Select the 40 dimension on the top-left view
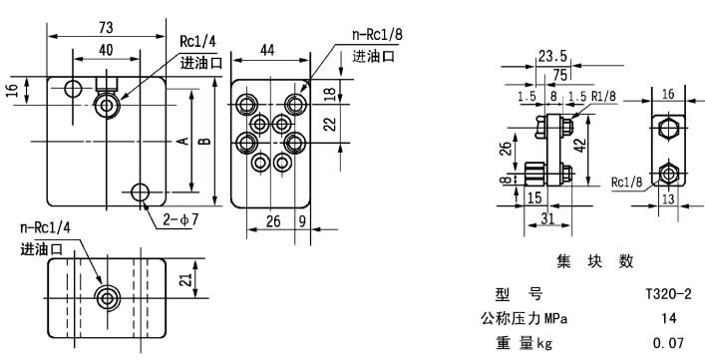tap(107, 47)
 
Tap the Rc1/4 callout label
tap(196, 42)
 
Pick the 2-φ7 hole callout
tap(181, 216)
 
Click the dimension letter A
tap(182, 142)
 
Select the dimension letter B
tap(204, 142)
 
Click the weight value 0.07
tap(668, 343)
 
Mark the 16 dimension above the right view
tap(668, 94)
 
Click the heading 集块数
tap(595, 261)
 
